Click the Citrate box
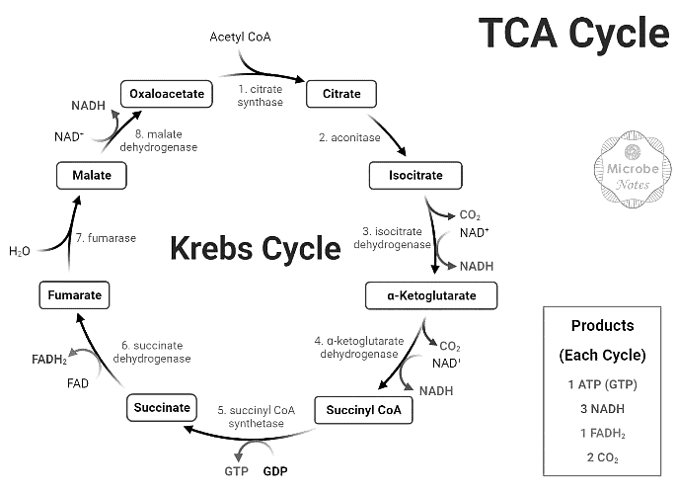pos(341,95)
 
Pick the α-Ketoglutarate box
pos(430,294)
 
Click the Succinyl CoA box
pos(362,409)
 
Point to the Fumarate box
pos(74,293)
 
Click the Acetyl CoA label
pos(240,38)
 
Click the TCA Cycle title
pos(573,34)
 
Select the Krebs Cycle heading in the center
pos(255,247)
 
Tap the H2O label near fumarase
pos(20,251)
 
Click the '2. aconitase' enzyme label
pos(348,137)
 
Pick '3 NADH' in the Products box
pos(602,407)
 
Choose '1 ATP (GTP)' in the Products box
pos(602,382)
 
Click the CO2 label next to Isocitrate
pos(470,215)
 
